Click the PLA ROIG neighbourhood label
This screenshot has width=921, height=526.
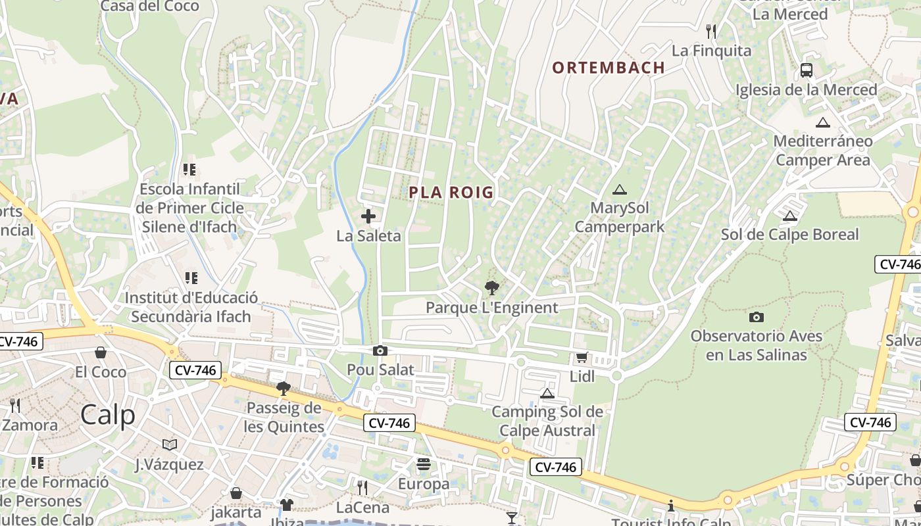tap(451, 192)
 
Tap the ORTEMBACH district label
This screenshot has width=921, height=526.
tap(609, 67)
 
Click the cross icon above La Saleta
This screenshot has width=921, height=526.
tap(368, 216)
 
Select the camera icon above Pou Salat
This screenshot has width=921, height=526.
tap(380, 350)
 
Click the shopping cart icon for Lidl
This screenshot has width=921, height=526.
tap(582, 358)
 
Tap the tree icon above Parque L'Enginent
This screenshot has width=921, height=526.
tap(491, 287)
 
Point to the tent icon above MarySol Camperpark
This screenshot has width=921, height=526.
tap(619, 190)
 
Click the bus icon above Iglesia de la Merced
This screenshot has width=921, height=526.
tap(806, 70)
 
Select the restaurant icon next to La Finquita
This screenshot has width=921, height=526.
tap(710, 31)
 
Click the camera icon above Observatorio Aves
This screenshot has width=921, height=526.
tap(757, 317)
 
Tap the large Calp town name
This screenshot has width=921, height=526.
tap(108, 415)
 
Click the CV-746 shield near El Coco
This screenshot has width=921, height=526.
tap(195, 370)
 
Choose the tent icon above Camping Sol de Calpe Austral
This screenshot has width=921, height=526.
tap(547, 393)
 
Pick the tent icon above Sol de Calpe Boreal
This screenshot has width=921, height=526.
tap(789, 216)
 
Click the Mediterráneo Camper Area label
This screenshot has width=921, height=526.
tap(822, 150)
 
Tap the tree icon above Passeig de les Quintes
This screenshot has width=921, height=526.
tap(284, 388)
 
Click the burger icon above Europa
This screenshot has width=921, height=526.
tap(423, 465)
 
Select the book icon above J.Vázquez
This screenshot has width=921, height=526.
tap(169, 445)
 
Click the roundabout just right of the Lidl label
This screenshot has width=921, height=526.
tap(616, 376)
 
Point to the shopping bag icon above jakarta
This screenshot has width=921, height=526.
tap(236, 492)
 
